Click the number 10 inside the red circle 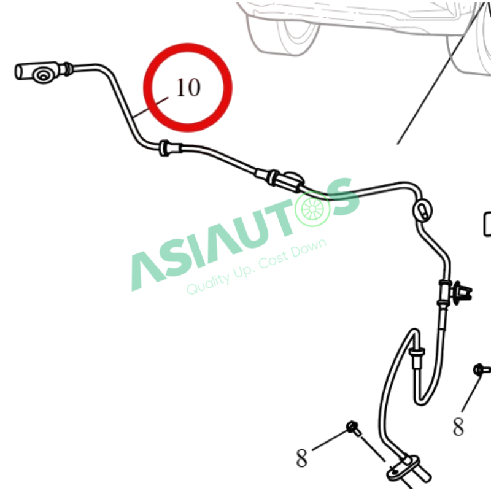188,87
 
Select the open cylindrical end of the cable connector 19,72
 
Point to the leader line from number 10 150,107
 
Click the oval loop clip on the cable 422,210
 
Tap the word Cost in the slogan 273,259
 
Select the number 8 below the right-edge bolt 458,427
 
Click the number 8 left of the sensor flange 301,458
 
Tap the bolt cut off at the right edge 482,370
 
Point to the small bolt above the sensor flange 354,428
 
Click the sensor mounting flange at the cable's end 403,469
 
